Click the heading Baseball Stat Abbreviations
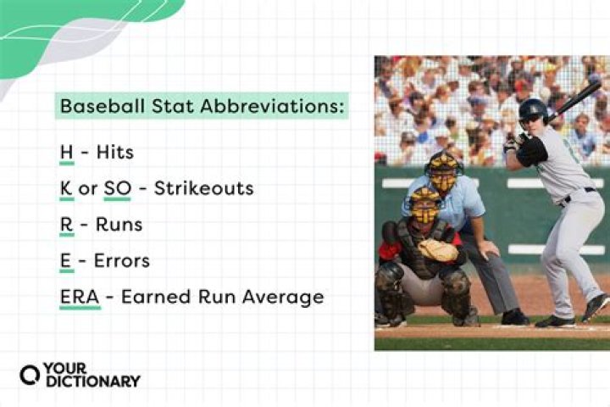pos(202,107)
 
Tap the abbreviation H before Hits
pos(66,152)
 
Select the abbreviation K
pos(66,187)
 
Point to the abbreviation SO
pos(117,187)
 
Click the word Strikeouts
pos(203,187)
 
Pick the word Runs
pos(119,225)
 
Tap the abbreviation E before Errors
pos(65,261)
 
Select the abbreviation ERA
pos(80,298)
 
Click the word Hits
pos(115,152)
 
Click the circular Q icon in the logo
pos(30,375)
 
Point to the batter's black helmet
pos(532,109)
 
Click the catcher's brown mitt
pos(438,249)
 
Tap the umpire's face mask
pos(444,174)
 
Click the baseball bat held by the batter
pos(576,100)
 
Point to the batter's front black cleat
pos(556,321)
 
